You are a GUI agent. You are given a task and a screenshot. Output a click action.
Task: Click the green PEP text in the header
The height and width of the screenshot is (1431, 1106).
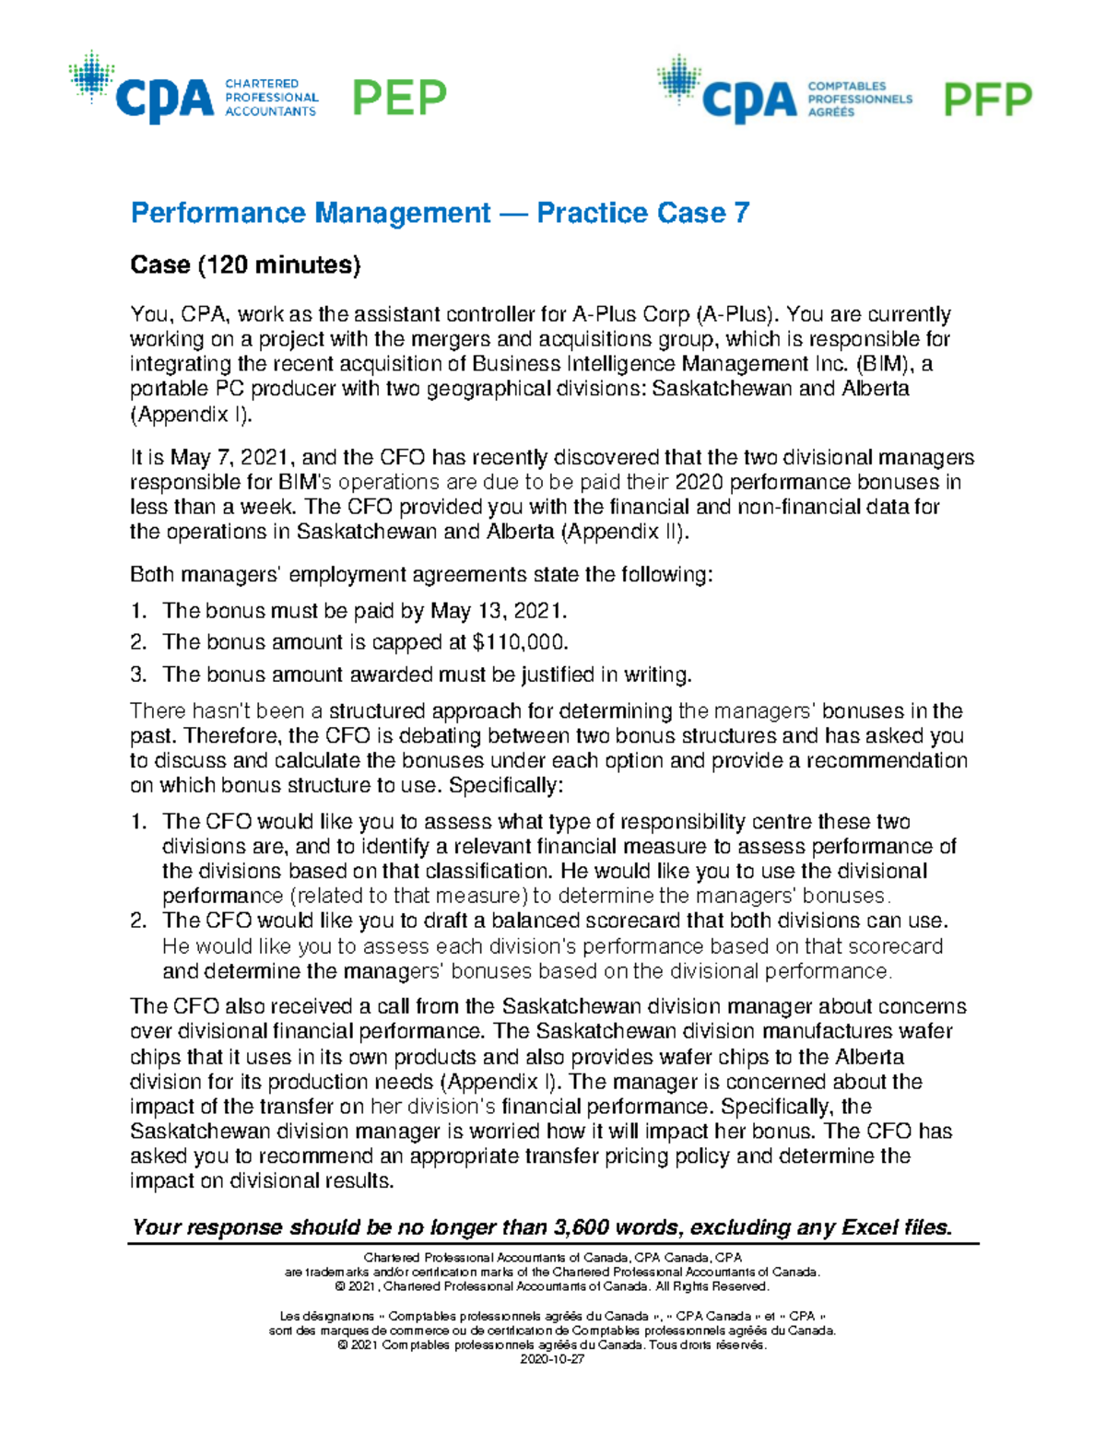[400, 98]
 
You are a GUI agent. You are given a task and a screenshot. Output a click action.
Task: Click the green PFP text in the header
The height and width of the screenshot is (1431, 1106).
[987, 100]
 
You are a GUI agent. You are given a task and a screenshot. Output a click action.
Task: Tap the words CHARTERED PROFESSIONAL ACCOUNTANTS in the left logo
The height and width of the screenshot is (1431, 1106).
[271, 98]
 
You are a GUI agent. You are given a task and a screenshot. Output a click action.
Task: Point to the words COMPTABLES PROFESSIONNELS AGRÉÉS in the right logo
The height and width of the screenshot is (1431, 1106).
[859, 99]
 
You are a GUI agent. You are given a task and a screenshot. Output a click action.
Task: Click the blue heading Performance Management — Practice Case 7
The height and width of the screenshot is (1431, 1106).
[440, 213]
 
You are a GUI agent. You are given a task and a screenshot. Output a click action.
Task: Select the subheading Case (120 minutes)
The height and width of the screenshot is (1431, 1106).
[245, 265]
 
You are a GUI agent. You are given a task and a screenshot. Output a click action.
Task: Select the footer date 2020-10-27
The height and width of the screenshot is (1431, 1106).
[552, 1359]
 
